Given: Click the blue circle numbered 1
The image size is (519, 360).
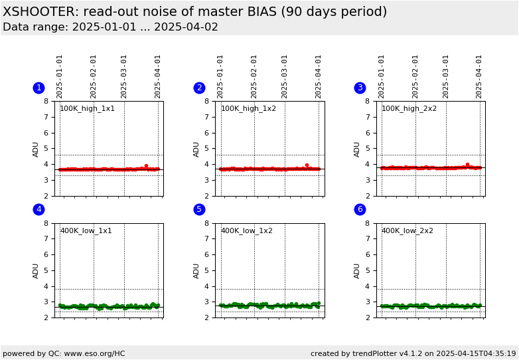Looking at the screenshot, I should point(38,88).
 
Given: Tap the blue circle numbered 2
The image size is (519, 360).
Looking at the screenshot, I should point(199,88).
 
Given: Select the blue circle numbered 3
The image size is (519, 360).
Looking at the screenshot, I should point(360,88).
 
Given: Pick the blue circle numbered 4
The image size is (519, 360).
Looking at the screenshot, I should point(38,209).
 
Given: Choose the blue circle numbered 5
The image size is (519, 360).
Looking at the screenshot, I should point(199,209).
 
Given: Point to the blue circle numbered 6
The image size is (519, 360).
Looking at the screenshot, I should point(360,209).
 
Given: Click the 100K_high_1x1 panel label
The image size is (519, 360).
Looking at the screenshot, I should point(87,109).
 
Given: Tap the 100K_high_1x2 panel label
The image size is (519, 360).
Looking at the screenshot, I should point(248,109).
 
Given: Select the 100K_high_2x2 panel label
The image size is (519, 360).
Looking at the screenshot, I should point(409,109).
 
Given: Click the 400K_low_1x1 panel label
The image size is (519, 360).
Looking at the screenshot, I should point(86,231).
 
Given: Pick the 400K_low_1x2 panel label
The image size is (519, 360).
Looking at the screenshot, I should point(246,231).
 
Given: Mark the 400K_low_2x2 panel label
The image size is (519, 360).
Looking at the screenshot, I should point(407,231).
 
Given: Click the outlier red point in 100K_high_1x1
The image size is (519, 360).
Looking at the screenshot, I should point(146,166).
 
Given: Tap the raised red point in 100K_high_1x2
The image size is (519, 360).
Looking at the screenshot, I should point(307,165).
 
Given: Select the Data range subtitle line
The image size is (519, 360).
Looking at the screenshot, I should point(110,27).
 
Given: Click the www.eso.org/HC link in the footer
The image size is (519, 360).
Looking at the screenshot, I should point(91,353).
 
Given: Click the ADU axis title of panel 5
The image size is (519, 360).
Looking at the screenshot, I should point(197,270).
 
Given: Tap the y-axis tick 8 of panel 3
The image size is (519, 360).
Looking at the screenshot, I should point(370,101).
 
